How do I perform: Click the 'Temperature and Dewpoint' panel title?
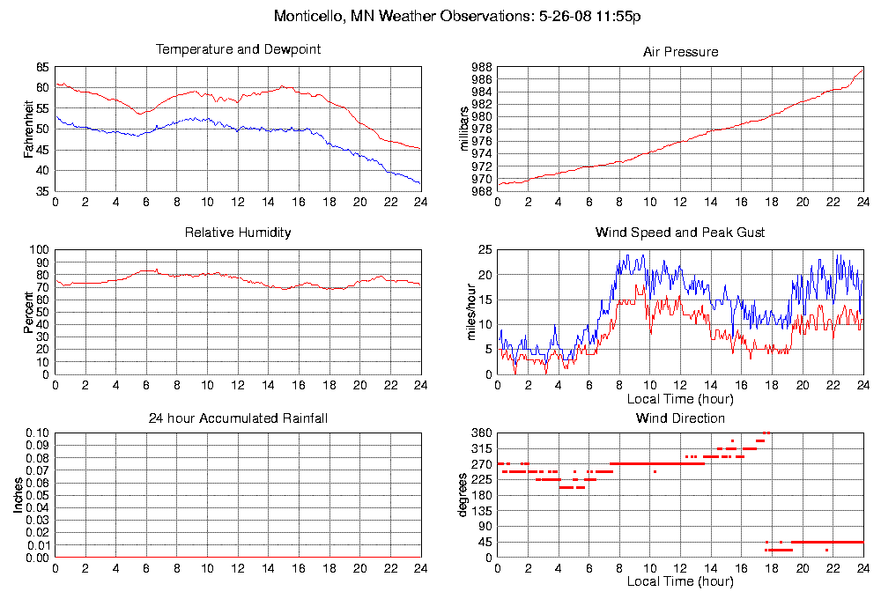238,49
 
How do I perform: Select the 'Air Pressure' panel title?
680,52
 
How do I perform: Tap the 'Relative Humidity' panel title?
238,233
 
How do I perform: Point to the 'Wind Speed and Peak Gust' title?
680,233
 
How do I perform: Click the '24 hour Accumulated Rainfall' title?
238,418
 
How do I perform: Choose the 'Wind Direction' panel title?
680,418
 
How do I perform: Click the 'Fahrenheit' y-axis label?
28,129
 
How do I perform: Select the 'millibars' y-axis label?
467,129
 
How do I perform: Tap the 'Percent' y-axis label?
28,312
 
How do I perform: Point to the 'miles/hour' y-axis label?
467,312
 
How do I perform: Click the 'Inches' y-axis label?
18,495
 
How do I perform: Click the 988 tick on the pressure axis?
481,67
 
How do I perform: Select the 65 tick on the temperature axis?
42,67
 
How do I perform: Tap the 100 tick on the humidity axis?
39,250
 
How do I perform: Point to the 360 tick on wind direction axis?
481,433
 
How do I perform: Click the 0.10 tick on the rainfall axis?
37,433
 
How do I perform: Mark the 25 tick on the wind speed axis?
485,250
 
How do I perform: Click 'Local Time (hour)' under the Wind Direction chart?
680,581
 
